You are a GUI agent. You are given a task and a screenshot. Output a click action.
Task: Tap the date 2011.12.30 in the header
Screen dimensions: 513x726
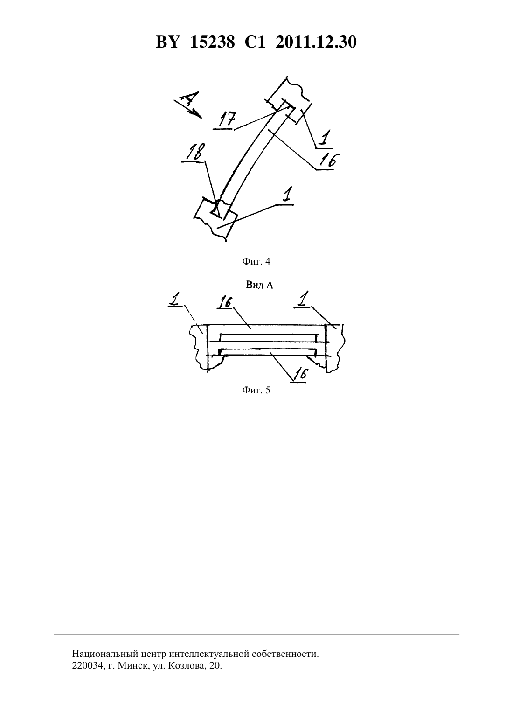point(316,42)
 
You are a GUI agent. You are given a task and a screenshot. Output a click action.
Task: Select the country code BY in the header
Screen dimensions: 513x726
point(168,42)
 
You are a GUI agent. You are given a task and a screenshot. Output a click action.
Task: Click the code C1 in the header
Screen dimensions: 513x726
point(255,42)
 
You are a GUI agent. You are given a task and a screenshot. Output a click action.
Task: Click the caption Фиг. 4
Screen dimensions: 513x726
point(256,262)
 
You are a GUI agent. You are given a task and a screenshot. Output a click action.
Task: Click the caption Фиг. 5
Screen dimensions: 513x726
point(256,390)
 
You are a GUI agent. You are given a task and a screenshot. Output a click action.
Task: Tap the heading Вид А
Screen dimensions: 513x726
point(259,285)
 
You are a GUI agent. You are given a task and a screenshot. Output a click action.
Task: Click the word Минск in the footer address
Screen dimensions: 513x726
point(132,666)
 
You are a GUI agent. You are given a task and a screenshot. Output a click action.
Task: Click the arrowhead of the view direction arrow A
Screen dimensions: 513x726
point(198,114)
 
